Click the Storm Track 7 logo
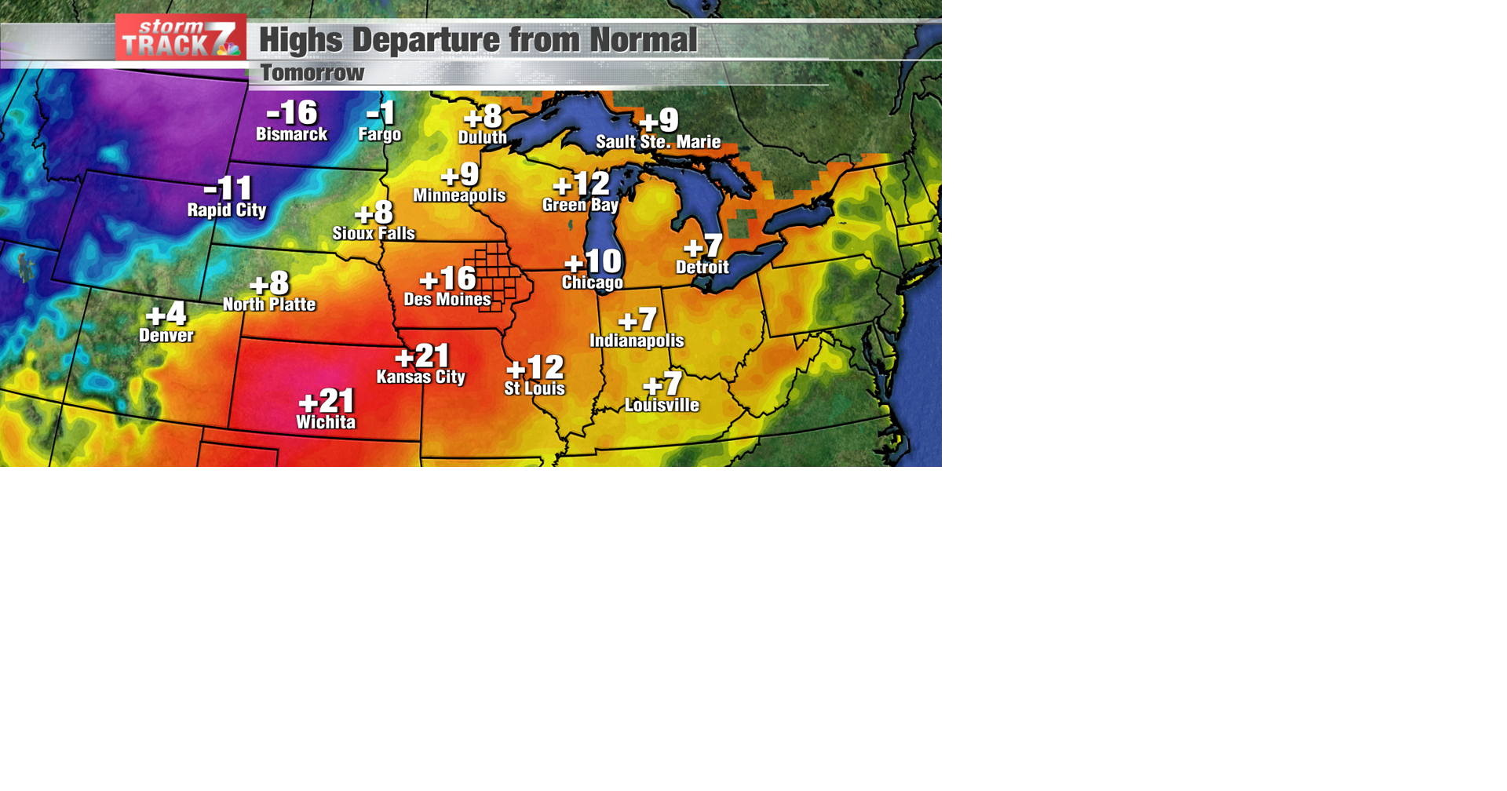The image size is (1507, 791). (x=181, y=38)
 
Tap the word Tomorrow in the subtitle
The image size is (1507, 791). (x=312, y=73)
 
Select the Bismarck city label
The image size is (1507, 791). (x=291, y=134)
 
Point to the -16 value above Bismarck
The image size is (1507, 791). (x=292, y=113)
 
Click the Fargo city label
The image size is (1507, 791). (x=380, y=134)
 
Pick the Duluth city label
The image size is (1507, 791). (x=482, y=137)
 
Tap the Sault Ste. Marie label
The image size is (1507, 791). (x=658, y=142)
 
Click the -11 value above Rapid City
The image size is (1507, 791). (x=228, y=188)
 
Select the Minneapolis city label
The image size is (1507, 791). (x=459, y=195)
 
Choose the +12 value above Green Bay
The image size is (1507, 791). (x=581, y=184)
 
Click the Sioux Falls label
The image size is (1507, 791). (x=374, y=233)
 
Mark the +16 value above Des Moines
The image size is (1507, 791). (x=447, y=279)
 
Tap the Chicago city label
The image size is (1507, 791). (x=592, y=282)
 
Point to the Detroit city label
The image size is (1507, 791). (x=702, y=267)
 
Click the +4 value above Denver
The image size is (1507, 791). (x=166, y=315)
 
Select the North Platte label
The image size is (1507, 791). (x=269, y=304)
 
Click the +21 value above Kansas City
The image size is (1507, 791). (x=421, y=356)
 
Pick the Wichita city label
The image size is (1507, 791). (x=326, y=422)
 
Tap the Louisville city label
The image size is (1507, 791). (x=662, y=405)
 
